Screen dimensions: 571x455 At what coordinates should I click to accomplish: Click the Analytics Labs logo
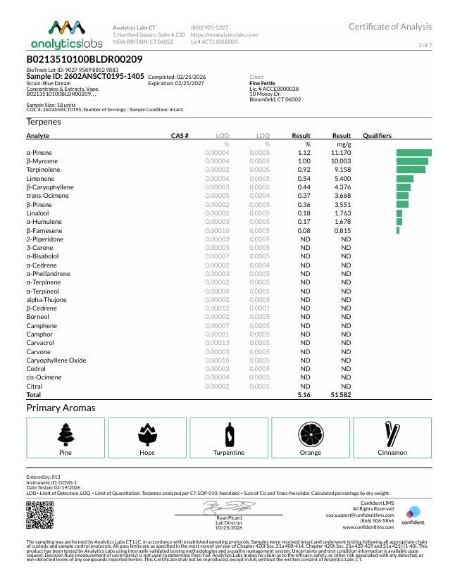click(66, 34)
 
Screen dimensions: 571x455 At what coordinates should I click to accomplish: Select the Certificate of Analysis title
click(390, 27)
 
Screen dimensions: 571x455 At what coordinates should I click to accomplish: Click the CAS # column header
click(180, 135)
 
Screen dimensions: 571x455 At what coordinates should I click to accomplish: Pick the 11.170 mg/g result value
click(341, 152)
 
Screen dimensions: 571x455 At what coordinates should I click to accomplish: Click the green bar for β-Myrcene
click(412, 161)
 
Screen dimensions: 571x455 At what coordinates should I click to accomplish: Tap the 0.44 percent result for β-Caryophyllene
click(304, 187)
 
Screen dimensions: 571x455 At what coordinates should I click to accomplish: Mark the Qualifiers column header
click(377, 135)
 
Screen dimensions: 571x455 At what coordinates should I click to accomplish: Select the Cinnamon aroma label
click(392, 453)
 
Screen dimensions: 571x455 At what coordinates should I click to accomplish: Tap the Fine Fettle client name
click(263, 83)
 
